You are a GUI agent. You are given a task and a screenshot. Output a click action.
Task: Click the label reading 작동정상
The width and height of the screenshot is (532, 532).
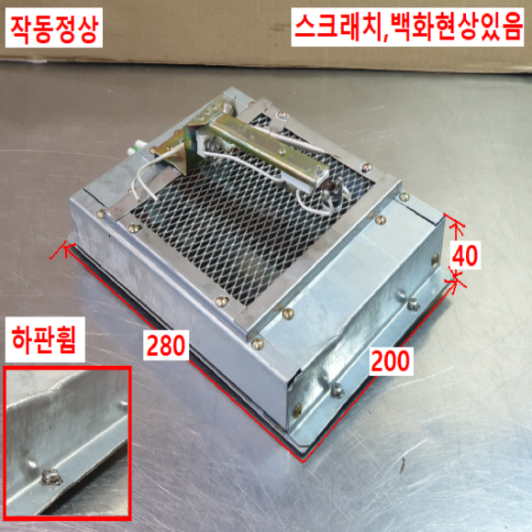[54, 28]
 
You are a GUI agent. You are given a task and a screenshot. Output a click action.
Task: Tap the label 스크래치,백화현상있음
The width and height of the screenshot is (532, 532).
[407, 27]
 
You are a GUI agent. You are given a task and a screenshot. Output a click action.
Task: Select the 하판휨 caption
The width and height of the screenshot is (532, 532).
[44, 339]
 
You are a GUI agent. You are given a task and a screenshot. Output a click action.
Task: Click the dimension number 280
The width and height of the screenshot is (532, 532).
[166, 345]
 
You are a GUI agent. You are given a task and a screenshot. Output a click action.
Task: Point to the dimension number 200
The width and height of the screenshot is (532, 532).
[391, 361]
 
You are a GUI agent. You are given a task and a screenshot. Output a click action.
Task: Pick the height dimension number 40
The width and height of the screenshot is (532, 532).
[466, 255]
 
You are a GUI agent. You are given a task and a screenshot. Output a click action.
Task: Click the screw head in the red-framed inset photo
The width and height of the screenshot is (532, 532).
[51, 476]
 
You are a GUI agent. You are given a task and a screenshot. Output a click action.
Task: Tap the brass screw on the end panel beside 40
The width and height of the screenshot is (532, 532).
[435, 260]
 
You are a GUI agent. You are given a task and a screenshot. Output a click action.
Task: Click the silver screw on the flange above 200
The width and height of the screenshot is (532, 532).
[414, 304]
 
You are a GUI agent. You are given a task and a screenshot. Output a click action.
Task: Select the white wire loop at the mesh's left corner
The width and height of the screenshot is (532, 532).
[145, 182]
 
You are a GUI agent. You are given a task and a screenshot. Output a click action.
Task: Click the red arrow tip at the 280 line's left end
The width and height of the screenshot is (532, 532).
[65, 248]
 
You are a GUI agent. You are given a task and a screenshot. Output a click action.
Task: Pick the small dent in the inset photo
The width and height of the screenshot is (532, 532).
[32, 462]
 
